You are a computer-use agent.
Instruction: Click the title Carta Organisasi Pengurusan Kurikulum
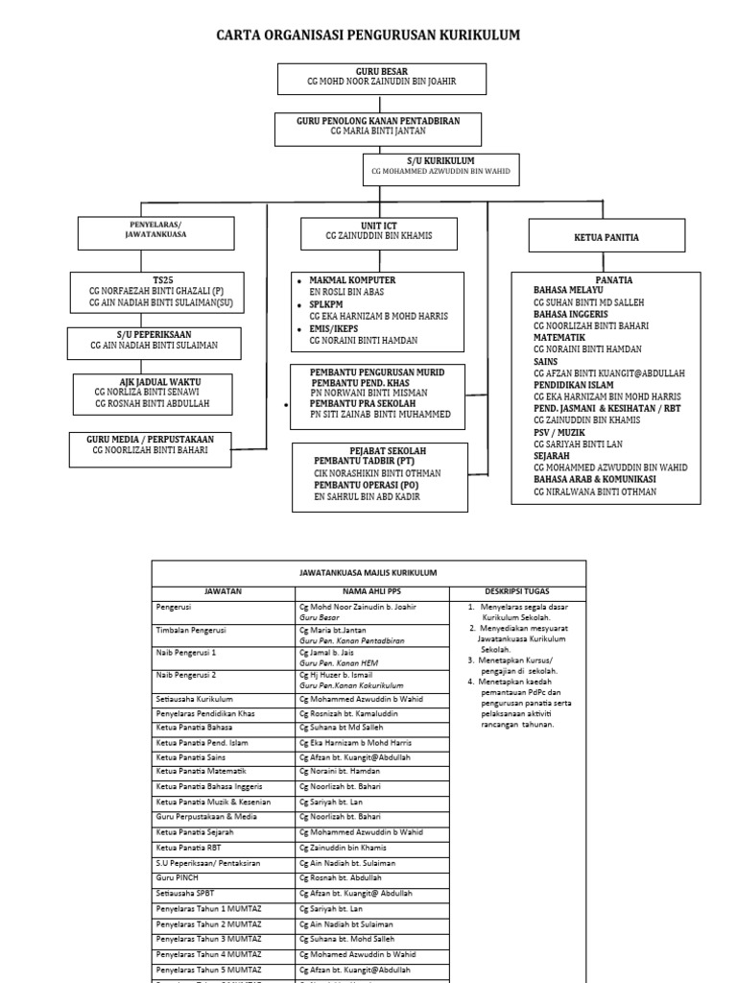click(368, 36)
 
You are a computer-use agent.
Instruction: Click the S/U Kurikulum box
click(441, 168)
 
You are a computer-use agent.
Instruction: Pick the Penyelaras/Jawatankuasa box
click(155, 233)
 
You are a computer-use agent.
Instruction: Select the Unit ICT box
click(379, 231)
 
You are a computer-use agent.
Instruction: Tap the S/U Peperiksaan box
click(155, 340)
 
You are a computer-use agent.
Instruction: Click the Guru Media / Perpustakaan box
click(151, 444)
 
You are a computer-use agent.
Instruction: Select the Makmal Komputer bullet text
click(352, 279)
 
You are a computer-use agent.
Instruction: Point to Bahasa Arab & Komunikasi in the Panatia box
click(595, 478)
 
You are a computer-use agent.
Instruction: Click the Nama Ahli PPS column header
click(368, 591)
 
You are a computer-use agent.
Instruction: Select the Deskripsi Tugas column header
click(516, 591)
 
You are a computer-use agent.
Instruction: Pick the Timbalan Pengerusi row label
click(191, 630)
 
